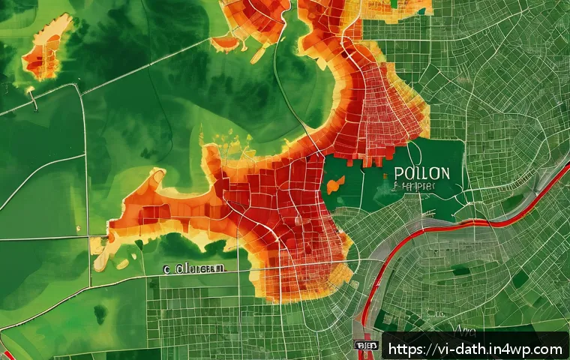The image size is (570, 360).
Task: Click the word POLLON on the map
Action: (421, 173)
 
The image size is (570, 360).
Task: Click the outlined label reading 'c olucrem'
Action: (193, 268)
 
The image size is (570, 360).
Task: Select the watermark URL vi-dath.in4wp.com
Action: (476, 349)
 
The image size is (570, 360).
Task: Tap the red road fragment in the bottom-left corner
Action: (6, 352)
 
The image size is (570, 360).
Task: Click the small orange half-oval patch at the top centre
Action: (225, 43)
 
